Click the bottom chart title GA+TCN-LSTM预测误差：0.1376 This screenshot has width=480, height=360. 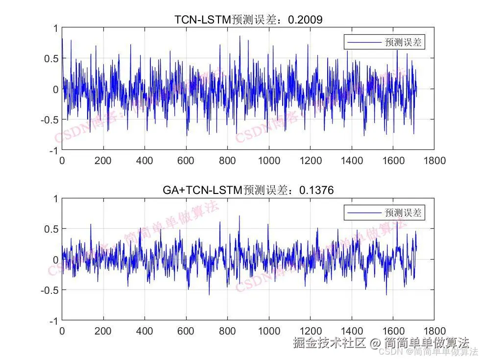248,190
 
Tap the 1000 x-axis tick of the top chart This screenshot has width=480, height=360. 269,160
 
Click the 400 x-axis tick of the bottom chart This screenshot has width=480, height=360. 144,331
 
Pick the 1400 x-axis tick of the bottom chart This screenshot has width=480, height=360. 352,331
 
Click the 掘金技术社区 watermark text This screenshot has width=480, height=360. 329,342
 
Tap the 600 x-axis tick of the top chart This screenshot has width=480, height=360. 186,160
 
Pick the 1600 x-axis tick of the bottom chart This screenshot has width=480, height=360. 393,331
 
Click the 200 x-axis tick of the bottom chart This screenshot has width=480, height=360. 103,331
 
